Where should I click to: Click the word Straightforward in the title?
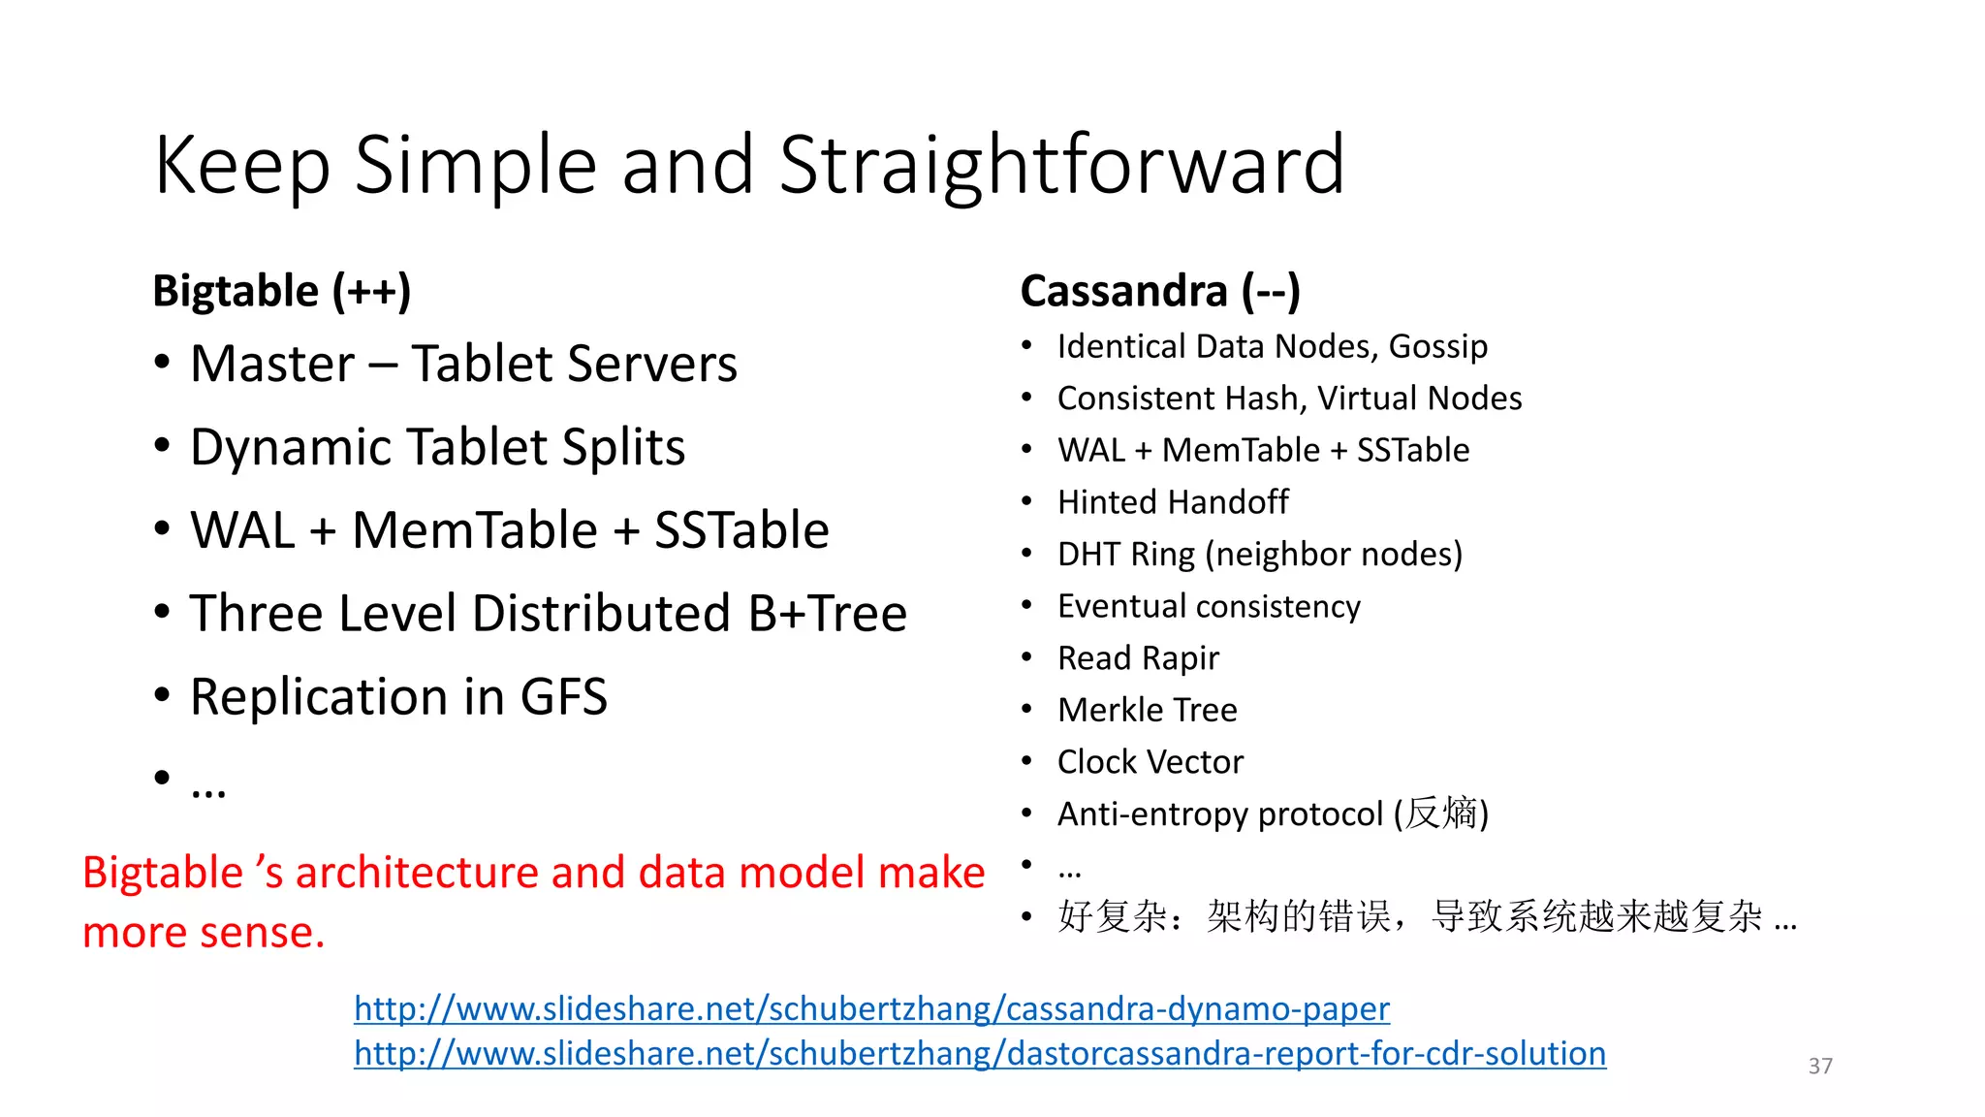(x=1061, y=165)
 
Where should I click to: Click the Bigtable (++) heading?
(x=282, y=291)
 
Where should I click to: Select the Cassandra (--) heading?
(x=1160, y=291)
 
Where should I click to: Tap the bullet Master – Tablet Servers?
(x=463, y=365)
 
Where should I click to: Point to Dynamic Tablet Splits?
(x=437, y=448)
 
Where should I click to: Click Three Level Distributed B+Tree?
(x=548, y=614)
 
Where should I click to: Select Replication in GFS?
(x=398, y=697)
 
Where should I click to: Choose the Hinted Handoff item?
(x=1173, y=502)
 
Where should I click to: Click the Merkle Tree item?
(x=1148, y=710)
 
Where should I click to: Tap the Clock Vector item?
(x=1150, y=762)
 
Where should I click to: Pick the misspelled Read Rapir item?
(x=1138, y=658)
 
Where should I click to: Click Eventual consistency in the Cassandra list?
(x=1209, y=606)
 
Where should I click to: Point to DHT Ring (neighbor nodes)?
(x=1260, y=555)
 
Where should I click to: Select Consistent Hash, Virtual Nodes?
(x=1289, y=399)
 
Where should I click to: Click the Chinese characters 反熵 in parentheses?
(x=1440, y=814)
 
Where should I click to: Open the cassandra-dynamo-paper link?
(x=871, y=1009)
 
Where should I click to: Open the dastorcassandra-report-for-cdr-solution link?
(x=980, y=1054)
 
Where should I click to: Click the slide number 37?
(x=1820, y=1066)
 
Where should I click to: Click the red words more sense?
(x=204, y=933)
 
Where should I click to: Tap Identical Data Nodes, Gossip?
(x=1272, y=346)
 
